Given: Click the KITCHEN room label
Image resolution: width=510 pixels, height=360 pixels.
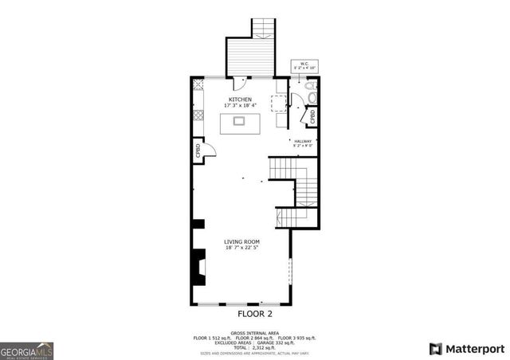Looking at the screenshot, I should click(241, 100).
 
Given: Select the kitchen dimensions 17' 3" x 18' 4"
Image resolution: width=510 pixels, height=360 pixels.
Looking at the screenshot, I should click(241, 106).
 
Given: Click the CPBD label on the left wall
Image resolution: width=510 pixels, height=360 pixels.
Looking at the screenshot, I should click(197, 151).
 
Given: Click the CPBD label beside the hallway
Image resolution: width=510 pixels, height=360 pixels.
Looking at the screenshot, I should click(313, 117).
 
